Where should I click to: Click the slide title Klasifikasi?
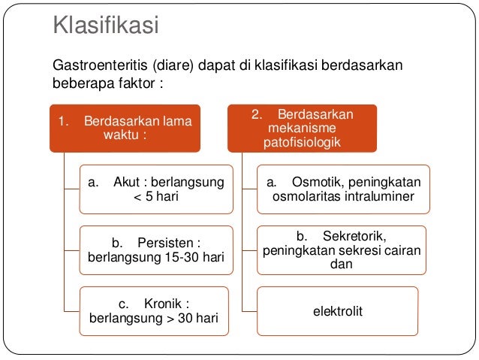click(105, 26)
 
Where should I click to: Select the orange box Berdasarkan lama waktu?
click(125, 127)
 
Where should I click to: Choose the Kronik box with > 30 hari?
click(155, 311)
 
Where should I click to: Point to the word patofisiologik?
click(302, 141)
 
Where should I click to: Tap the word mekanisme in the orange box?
click(302, 128)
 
